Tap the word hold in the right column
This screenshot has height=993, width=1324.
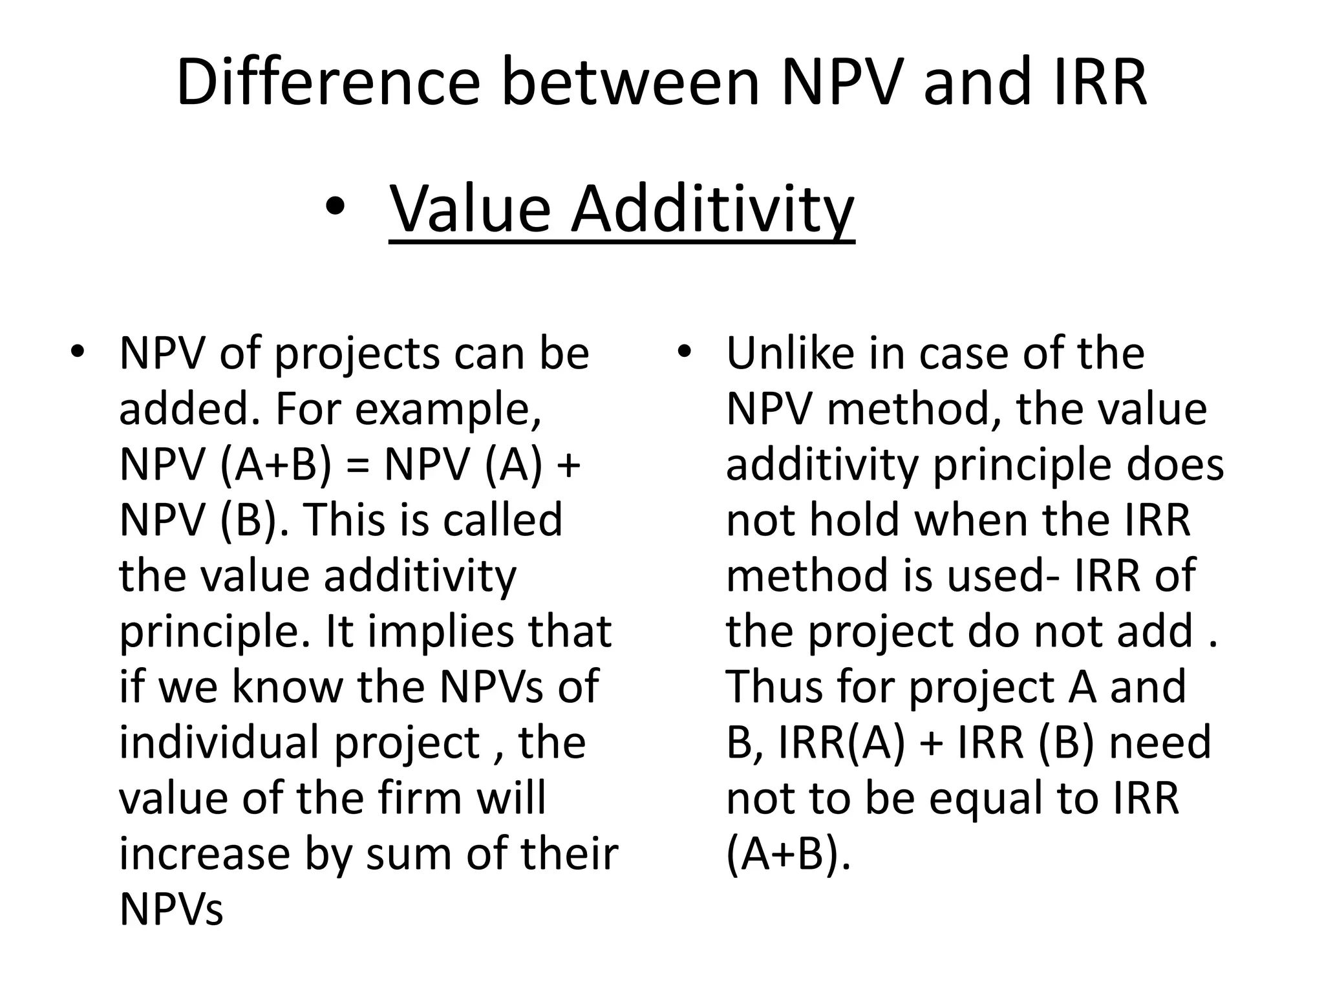856,521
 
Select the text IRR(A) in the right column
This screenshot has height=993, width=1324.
840,743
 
